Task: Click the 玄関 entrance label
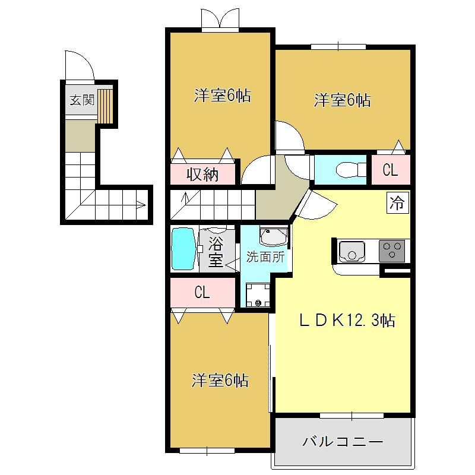[82, 100]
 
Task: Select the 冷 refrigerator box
[397, 202]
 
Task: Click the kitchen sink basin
[351, 251]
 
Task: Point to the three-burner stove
[392, 251]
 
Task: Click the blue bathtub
[183, 249]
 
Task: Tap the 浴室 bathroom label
[216, 252]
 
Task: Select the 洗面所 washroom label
[265, 257]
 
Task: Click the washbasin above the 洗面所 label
[274, 236]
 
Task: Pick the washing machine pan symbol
[258, 294]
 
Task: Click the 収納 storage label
[202, 175]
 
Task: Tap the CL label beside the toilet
[390, 170]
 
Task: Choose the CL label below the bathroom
[202, 293]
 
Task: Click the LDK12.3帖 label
[347, 321]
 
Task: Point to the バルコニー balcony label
[343, 441]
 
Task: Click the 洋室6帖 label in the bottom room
[220, 381]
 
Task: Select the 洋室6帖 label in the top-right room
[343, 100]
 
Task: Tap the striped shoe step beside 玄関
[105, 106]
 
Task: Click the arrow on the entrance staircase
[141, 205]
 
